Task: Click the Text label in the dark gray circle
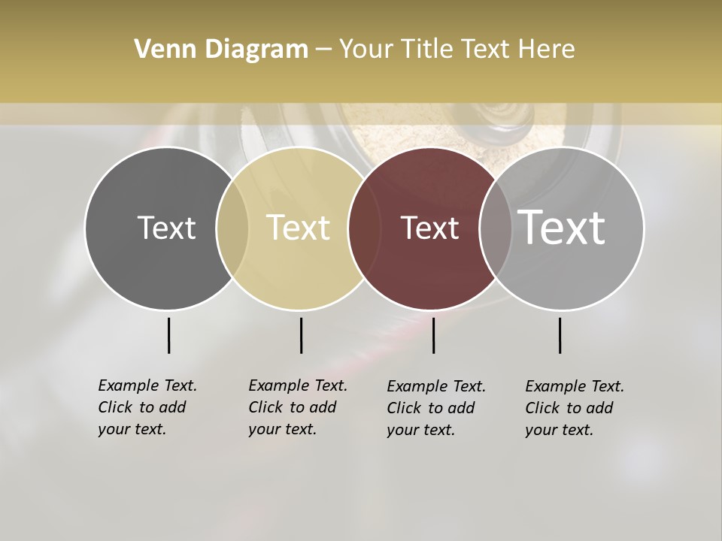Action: [166, 228]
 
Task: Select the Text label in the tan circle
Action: [299, 228]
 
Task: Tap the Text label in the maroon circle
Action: [429, 228]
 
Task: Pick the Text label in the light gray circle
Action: [562, 228]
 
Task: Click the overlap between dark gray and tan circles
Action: [232, 228]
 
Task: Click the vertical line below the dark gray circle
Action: [168, 335]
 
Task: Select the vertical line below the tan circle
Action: [301, 335]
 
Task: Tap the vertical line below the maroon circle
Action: [433, 335]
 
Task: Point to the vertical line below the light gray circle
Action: [560, 335]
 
